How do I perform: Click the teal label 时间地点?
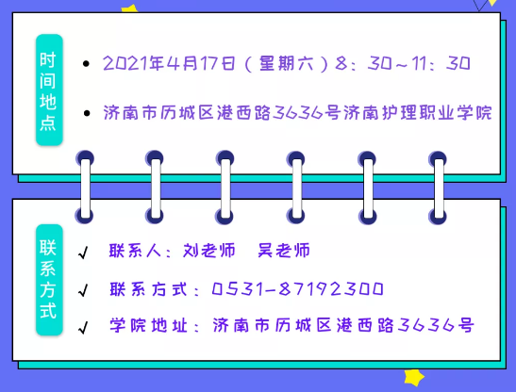point(49,90)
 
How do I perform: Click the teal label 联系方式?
point(49,280)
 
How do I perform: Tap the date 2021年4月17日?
point(169,63)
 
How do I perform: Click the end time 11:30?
point(441,63)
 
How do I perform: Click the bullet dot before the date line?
point(86,64)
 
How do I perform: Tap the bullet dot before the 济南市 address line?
point(87,113)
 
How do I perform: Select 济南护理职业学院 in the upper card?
point(418,112)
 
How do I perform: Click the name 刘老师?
point(209,251)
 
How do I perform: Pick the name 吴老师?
point(284,251)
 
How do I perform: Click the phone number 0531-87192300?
point(297,289)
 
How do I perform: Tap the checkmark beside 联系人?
point(83,253)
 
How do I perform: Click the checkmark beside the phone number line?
point(83,290)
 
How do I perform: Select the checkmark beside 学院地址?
point(83,328)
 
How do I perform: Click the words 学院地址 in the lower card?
point(149,325)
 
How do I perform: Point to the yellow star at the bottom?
point(414,377)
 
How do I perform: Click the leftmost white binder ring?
point(85,188)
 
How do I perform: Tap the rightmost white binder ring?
point(439,188)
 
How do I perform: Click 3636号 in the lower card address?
point(436,325)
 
